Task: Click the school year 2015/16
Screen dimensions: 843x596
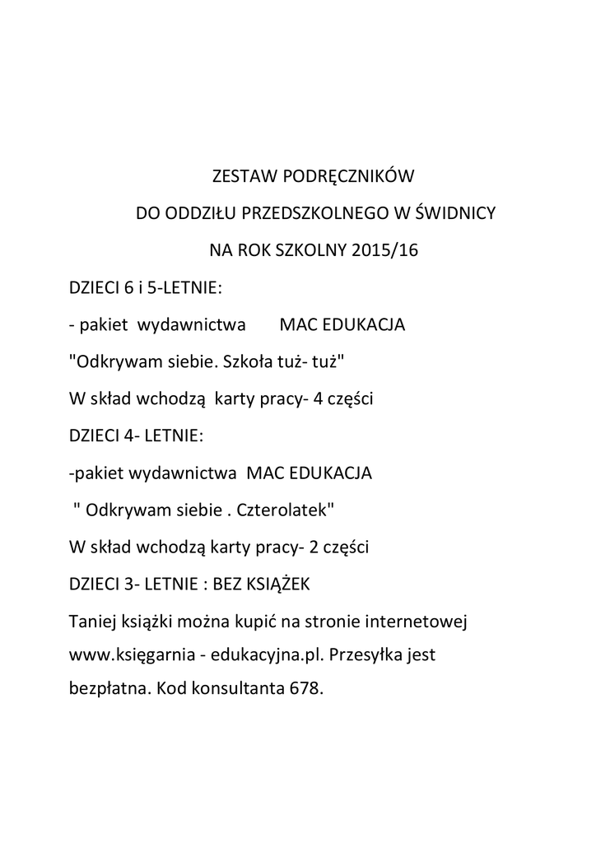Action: (385, 250)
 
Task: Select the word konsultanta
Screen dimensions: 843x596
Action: (235, 688)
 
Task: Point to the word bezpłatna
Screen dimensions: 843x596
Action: (109, 688)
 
